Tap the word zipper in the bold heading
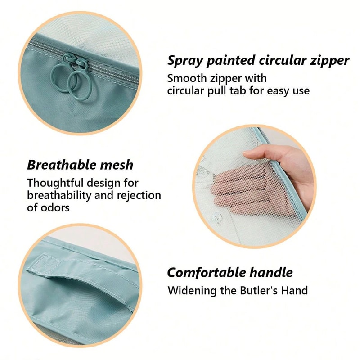(328, 61)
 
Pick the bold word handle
(274, 273)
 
